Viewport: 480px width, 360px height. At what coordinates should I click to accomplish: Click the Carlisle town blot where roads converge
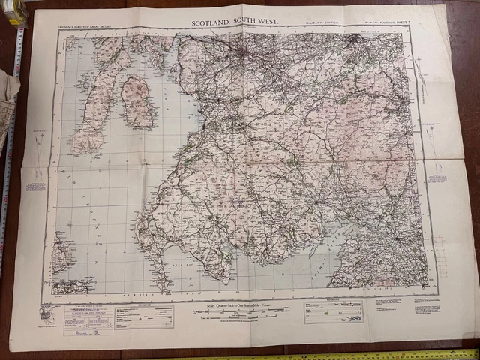point(395,238)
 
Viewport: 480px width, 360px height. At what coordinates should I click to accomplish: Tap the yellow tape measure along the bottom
point(337,354)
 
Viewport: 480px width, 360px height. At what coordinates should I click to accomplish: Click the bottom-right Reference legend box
point(333,310)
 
